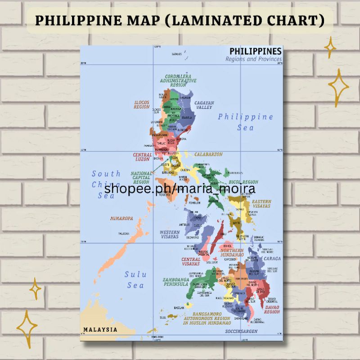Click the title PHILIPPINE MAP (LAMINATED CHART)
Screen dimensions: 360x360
180,21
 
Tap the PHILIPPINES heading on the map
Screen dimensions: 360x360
256,51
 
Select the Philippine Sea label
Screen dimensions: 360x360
246,122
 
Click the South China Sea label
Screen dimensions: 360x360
106,184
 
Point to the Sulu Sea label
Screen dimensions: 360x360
135,279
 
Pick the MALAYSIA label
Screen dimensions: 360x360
100,329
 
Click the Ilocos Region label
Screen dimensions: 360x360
141,105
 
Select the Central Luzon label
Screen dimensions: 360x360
142,157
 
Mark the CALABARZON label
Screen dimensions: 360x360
209,154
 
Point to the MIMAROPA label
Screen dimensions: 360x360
121,219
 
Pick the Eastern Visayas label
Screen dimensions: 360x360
261,203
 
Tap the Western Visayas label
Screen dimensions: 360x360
169,234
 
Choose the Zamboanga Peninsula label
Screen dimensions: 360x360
175,282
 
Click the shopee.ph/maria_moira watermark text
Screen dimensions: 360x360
180,189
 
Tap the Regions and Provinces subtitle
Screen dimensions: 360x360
254,59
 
